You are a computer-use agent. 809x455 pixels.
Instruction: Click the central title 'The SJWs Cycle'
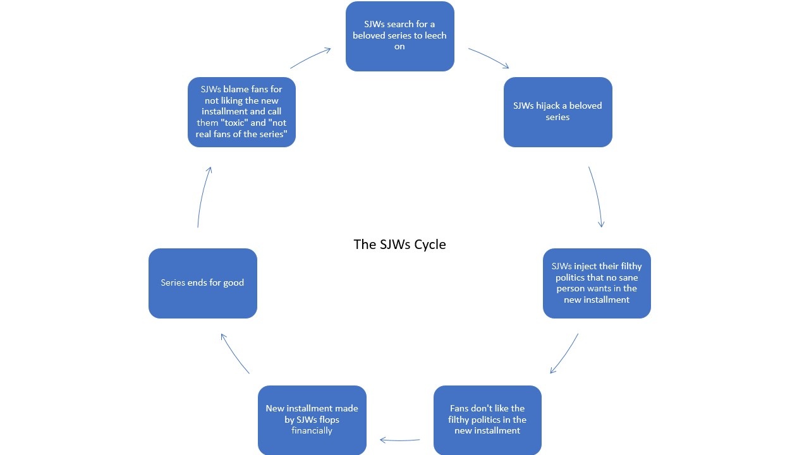coord(399,245)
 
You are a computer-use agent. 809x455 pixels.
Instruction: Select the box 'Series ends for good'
coord(202,283)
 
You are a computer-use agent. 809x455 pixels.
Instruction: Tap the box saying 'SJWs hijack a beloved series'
coord(557,112)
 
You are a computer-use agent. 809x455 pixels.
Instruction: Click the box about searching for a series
coord(399,36)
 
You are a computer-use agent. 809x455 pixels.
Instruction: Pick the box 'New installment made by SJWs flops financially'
coord(312,420)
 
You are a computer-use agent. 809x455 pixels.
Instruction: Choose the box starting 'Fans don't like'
coord(487,420)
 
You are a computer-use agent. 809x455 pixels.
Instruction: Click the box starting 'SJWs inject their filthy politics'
coord(597,283)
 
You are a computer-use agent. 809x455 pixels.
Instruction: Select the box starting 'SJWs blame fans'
coord(241,112)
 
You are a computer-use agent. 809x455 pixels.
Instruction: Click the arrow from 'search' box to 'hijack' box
coord(489,58)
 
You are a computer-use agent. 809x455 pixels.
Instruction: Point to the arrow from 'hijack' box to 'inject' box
coord(596,196)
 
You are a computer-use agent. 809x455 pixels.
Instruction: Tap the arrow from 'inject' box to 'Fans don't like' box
coord(564,354)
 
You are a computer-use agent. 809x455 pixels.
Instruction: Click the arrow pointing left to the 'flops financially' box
coord(400,440)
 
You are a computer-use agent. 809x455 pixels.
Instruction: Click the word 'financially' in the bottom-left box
coord(312,430)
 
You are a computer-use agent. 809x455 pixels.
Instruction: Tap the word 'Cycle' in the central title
coord(429,245)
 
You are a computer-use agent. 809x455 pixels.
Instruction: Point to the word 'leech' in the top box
coord(433,35)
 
